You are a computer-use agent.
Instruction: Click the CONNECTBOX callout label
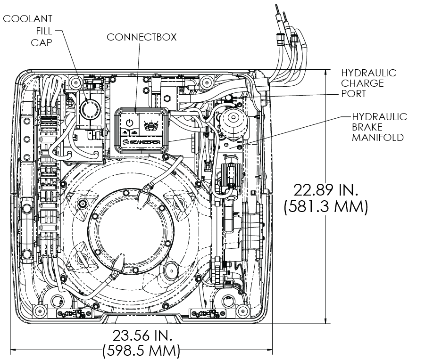click(142, 37)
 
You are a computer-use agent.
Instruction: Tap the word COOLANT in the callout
click(27, 19)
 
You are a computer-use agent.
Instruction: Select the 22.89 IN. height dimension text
click(325, 190)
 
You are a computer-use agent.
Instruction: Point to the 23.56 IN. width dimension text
click(142, 335)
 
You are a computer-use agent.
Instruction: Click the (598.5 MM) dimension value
click(141, 351)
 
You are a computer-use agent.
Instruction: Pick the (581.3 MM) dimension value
click(326, 206)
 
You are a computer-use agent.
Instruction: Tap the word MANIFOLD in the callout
click(378, 138)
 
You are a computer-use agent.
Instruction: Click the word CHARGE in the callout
click(362, 83)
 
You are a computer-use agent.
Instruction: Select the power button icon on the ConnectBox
click(130, 123)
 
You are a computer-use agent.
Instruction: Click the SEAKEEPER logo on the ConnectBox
click(141, 142)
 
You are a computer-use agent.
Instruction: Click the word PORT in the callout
click(353, 94)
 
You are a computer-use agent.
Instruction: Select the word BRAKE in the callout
click(367, 127)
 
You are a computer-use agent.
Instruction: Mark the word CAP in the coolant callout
click(41, 43)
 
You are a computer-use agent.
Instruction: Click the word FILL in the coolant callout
click(44, 31)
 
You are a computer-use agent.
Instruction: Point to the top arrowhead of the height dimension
click(325, 73)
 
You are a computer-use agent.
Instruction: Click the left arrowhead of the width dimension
click(14, 350)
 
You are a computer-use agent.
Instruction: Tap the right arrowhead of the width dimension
click(269, 350)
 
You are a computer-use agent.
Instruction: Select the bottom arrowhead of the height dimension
click(325, 320)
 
